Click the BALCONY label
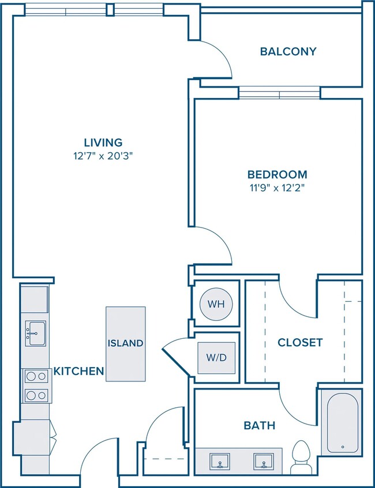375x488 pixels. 288,51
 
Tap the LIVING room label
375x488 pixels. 103,142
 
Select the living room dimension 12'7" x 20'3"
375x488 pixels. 103,156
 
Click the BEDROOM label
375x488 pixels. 277,175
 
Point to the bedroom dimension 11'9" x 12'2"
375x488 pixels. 277,188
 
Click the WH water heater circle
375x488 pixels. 216,304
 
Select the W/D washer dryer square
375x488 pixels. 216,358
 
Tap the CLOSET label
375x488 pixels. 300,343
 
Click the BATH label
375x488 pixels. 260,425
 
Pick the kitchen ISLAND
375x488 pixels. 125,343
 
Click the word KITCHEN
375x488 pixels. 78,371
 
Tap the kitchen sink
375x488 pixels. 35,334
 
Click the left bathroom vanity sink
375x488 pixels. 220,461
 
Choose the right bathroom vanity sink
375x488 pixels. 264,461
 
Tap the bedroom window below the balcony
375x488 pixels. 279,93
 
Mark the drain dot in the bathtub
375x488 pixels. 343,447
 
